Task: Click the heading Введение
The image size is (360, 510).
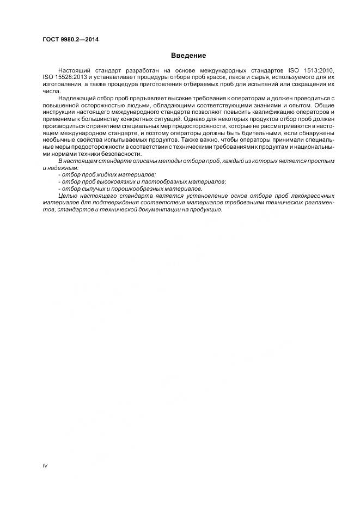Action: (188, 56)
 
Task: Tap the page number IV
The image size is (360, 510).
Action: (45, 466)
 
